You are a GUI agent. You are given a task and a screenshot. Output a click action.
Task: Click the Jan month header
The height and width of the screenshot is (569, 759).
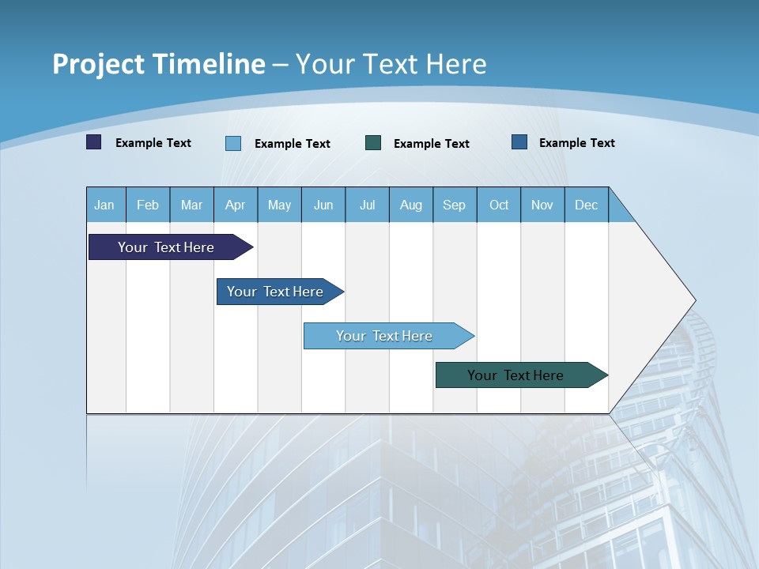104,205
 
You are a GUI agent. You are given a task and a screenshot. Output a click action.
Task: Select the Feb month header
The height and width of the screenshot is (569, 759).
148,205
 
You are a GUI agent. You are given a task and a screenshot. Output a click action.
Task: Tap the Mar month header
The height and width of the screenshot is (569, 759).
191,205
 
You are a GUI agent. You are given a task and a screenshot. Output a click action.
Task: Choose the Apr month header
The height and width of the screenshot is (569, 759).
236,205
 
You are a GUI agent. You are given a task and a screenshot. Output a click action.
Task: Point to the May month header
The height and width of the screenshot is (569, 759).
279,205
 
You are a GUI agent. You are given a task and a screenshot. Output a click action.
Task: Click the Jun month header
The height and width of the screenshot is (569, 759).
323,205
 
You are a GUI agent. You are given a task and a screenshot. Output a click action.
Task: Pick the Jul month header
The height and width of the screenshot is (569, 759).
367,205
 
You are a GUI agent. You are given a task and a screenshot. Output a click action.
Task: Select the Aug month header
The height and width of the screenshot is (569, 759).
411,205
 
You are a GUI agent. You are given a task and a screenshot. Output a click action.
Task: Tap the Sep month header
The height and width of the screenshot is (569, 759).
455,205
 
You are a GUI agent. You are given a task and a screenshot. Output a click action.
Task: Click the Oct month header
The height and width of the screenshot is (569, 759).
499,205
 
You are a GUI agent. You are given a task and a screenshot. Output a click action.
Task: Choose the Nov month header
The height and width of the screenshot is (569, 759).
542,205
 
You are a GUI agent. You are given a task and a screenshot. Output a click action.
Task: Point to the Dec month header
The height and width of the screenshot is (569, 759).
586,205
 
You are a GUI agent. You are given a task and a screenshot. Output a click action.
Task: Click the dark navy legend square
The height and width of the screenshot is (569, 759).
94,142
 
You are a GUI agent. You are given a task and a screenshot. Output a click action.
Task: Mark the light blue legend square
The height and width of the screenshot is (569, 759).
233,143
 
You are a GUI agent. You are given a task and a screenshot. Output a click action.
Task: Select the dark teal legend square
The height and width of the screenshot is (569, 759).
373,142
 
